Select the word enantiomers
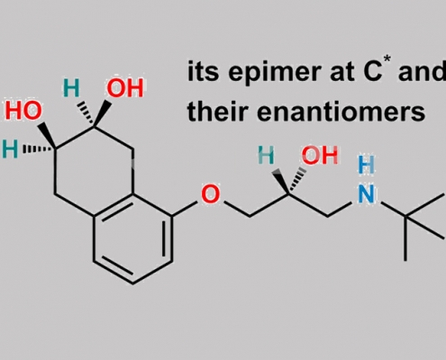pos(341,112)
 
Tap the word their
pos(218,112)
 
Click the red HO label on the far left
pos(23,110)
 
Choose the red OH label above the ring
pos(125,88)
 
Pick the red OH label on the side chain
pos(320,156)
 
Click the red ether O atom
pos(210,194)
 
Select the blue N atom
pos(367,193)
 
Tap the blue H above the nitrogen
pos(367,165)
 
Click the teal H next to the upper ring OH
pos(71,88)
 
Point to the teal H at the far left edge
pos(10,149)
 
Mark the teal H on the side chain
pos(266,156)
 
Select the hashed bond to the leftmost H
pos(38,148)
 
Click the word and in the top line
pos(422,72)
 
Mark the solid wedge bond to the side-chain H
pos(280,181)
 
